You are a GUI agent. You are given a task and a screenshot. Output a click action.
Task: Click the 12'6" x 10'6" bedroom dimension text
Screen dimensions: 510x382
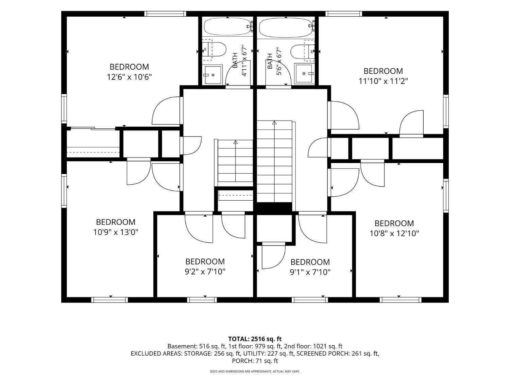click(129, 77)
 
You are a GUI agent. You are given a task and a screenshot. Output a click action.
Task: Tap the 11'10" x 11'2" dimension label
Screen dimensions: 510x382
click(384, 81)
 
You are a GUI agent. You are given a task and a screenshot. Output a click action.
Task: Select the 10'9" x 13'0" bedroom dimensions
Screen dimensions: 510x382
click(116, 232)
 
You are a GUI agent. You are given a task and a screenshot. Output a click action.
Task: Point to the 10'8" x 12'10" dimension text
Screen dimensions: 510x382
click(394, 233)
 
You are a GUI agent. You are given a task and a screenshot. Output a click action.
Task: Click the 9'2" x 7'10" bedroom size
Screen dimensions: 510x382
click(205, 272)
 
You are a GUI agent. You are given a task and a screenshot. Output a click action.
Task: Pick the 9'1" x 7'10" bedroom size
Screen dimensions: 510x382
click(310, 272)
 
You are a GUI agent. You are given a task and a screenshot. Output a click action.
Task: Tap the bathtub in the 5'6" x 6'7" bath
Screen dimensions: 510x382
click(286, 28)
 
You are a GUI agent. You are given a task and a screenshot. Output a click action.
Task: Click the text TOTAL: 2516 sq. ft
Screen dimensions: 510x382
click(255, 339)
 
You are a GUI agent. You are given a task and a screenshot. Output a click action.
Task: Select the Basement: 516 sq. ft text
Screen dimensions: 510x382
click(196, 346)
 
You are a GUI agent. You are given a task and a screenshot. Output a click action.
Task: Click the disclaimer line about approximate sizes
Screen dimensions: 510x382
click(255, 371)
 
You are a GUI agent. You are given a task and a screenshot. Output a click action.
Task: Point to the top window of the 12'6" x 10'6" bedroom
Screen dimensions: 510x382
click(165, 14)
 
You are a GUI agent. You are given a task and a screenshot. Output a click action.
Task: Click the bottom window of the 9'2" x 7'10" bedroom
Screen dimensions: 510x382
click(202, 300)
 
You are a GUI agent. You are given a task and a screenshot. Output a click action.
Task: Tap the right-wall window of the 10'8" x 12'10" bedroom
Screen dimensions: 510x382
click(446, 196)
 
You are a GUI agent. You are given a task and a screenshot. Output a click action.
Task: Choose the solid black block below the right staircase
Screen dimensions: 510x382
click(274, 207)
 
